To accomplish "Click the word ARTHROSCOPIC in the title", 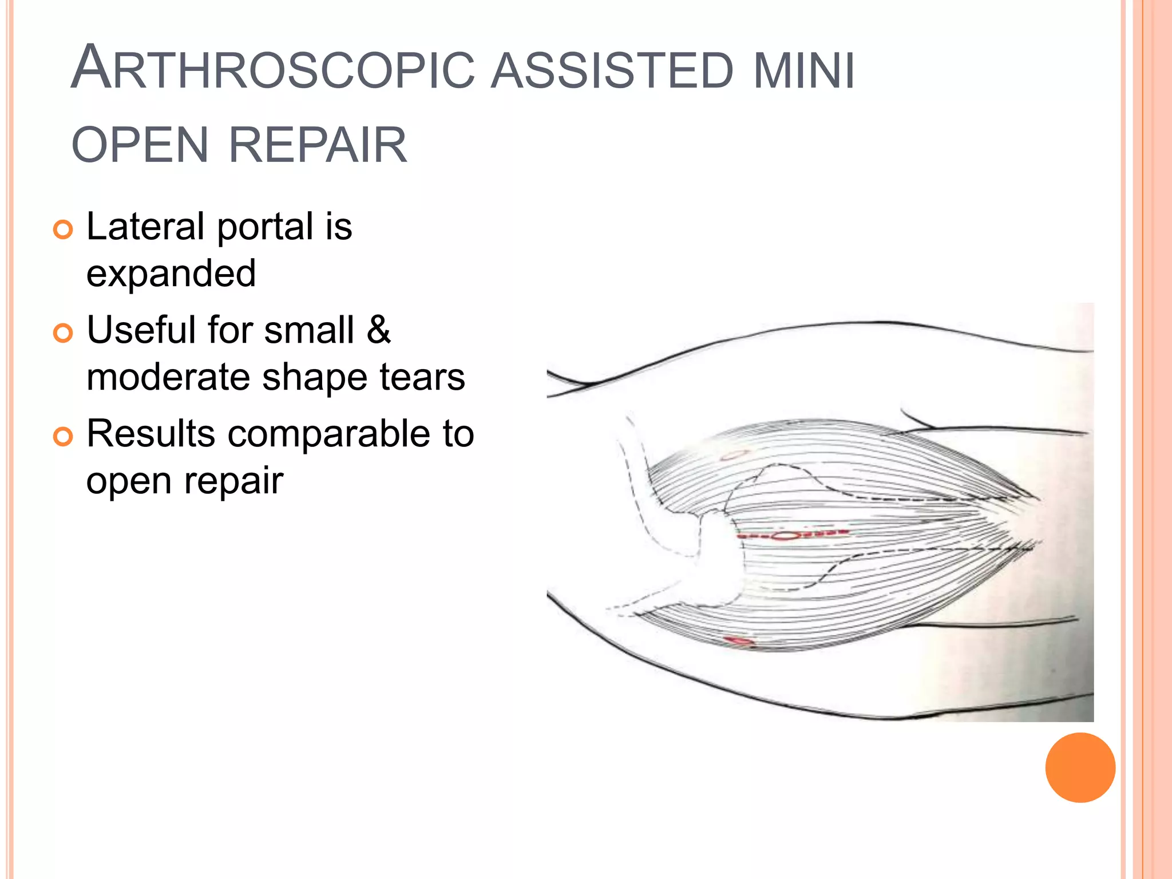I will point(272,69).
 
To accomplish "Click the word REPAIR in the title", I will point(318,145).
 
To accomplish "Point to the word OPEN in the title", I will point(140,145).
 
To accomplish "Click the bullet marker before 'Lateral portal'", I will point(63,230).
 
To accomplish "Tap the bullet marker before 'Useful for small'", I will point(63,333).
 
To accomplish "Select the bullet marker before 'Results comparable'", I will point(63,437).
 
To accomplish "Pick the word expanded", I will point(171,274).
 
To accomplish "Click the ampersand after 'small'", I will point(378,330).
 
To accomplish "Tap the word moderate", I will point(168,378).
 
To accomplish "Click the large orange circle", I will point(1080,767).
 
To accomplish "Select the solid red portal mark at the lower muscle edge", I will point(739,640).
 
